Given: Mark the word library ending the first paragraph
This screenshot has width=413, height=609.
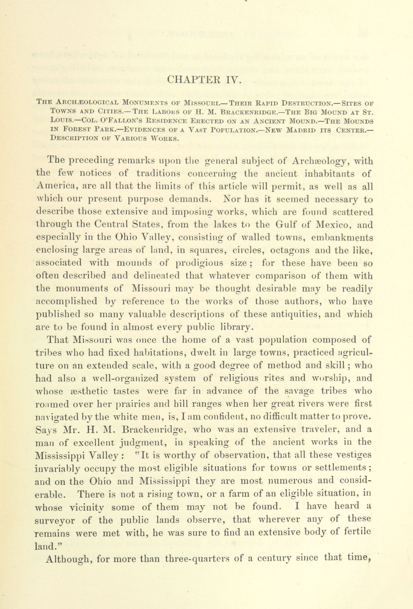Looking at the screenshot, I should [x=236, y=328].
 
